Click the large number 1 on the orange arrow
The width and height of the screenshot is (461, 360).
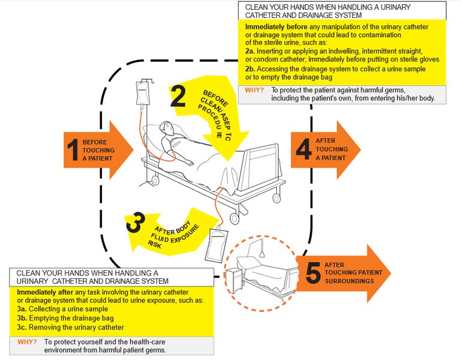(x=73, y=150)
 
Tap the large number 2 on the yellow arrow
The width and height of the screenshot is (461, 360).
(x=178, y=96)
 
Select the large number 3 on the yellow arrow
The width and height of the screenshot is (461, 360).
(x=135, y=222)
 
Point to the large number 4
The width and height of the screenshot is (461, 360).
(x=303, y=149)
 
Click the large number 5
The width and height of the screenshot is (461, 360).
(x=313, y=273)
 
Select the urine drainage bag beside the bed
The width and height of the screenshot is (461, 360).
(x=217, y=245)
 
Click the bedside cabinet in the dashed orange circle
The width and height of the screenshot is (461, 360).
(x=234, y=281)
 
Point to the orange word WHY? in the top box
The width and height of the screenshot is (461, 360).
(x=254, y=90)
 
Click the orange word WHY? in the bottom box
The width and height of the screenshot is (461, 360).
(x=28, y=342)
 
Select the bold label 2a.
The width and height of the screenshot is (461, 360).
(x=250, y=51)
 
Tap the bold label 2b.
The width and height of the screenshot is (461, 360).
(x=250, y=69)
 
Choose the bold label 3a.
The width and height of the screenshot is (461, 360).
(x=22, y=309)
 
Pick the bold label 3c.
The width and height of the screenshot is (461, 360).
(x=22, y=328)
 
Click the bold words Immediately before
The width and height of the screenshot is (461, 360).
(x=276, y=27)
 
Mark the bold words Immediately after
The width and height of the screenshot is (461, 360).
(x=45, y=292)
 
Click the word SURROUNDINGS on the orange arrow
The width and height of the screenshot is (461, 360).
(x=349, y=281)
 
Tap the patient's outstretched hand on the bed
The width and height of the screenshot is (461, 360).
(x=189, y=162)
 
